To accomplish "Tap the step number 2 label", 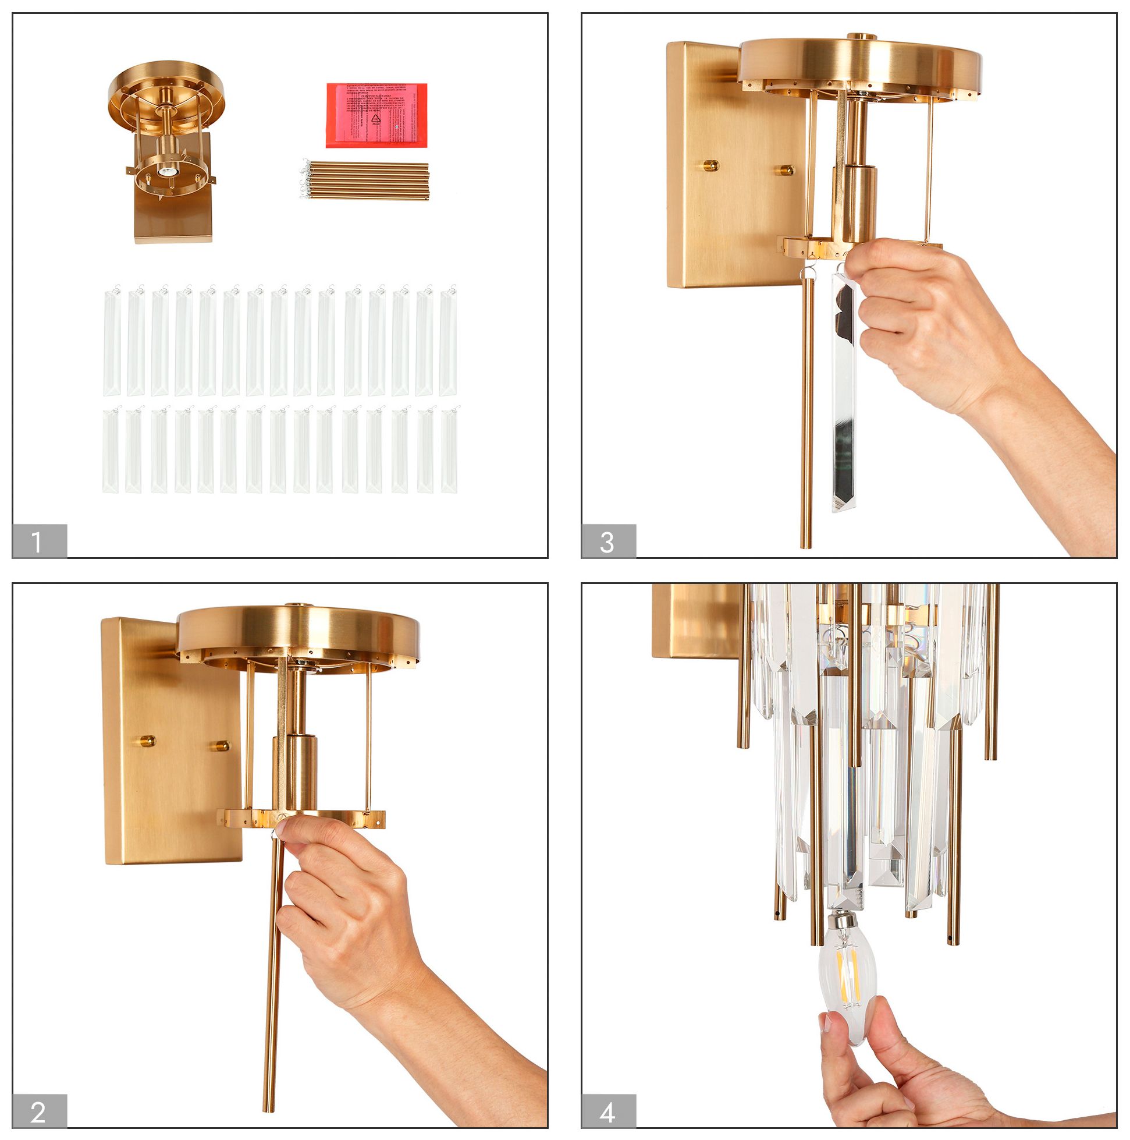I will pyautogui.click(x=39, y=1111).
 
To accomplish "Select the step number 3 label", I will pyautogui.click(x=607, y=541).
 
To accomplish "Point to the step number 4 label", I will pyautogui.click(x=607, y=1111).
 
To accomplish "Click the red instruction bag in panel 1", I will pyautogui.click(x=376, y=115).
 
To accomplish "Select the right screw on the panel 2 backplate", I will pyautogui.click(x=222, y=745).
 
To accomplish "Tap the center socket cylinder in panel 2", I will pyautogui.click(x=294, y=773).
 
